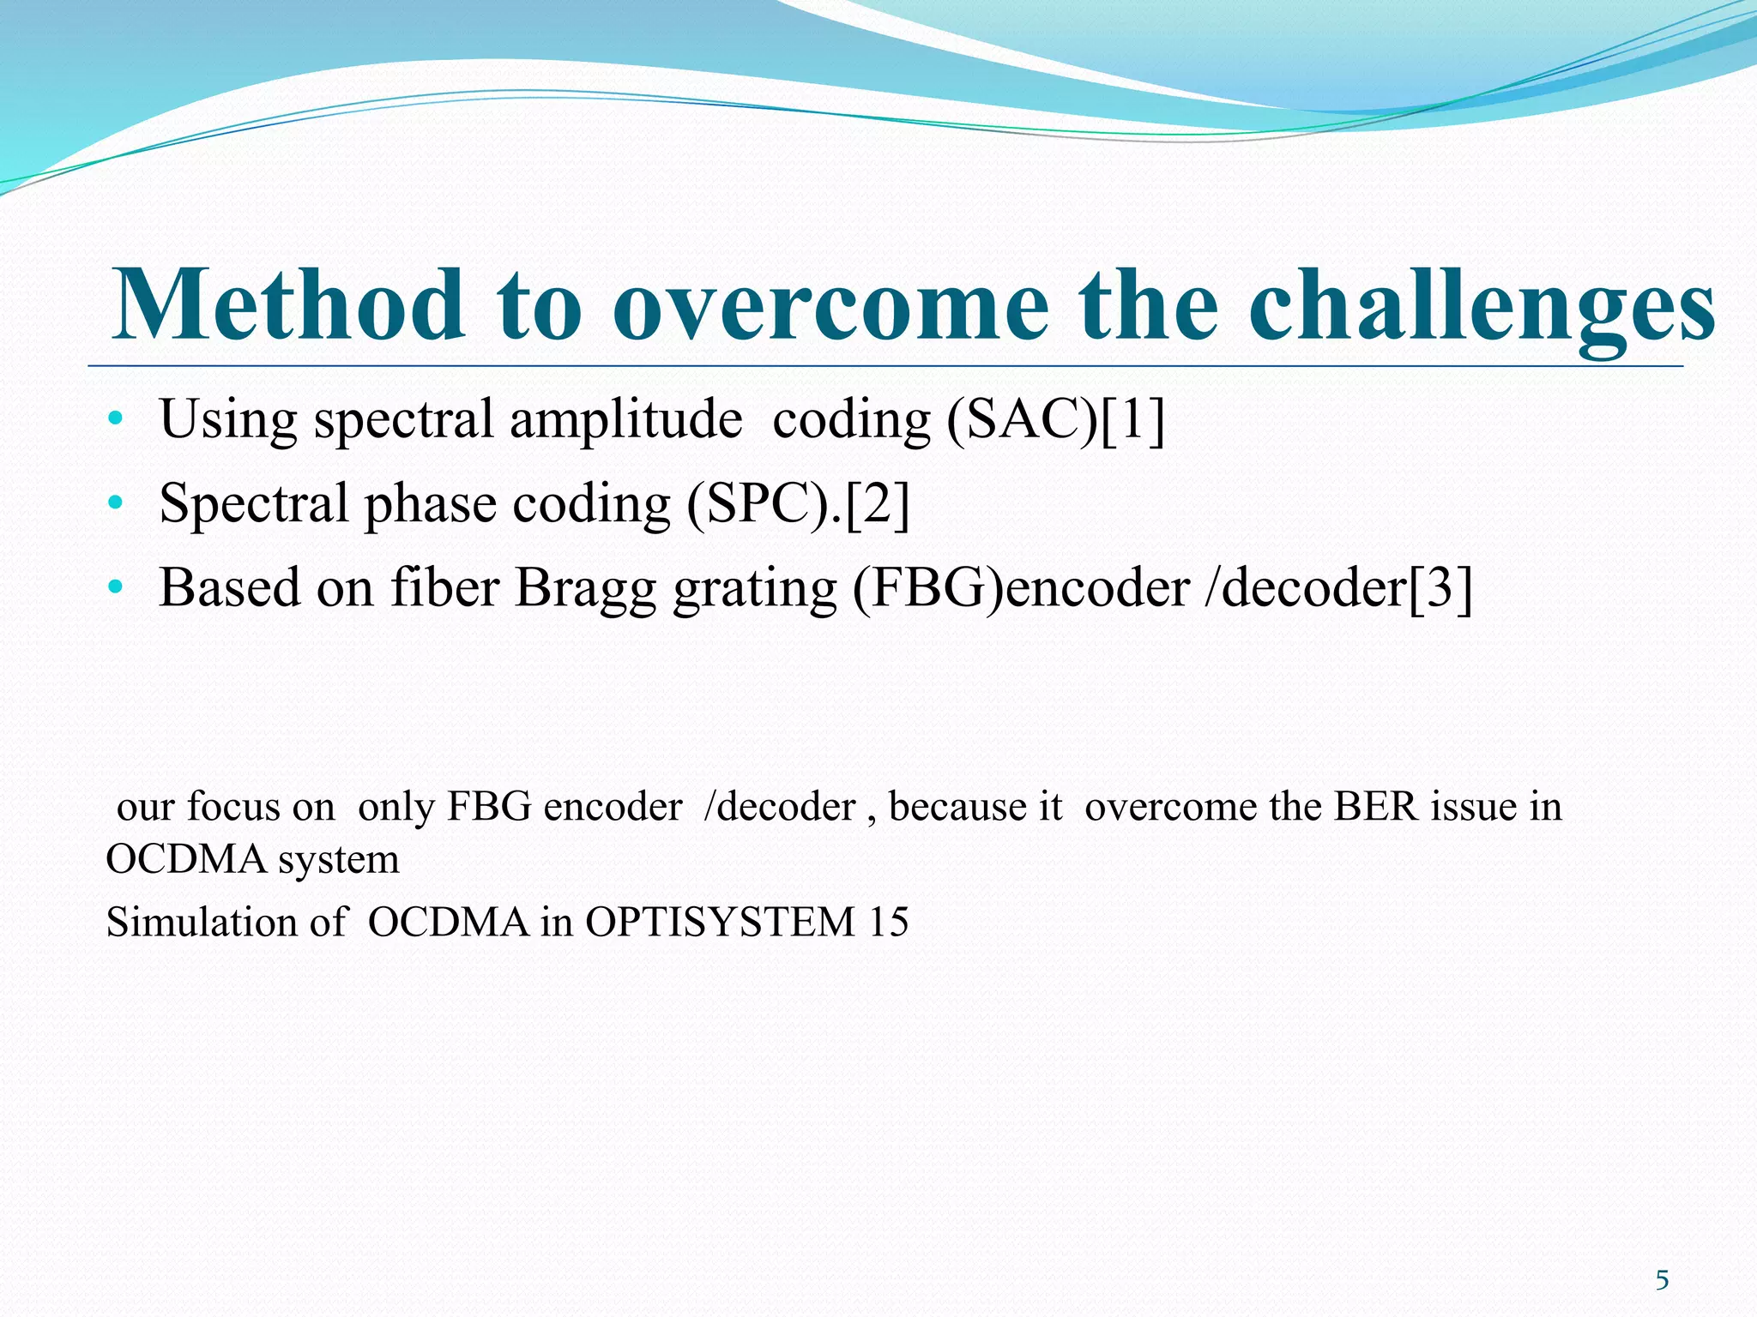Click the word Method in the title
point(289,304)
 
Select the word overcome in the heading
point(830,307)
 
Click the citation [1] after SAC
point(1132,420)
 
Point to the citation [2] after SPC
point(878,503)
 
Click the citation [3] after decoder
point(1440,588)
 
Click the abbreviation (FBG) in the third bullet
point(928,588)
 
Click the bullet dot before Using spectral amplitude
point(116,420)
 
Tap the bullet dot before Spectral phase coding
point(116,503)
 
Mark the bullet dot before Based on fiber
point(116,588)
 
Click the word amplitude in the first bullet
point(625,420)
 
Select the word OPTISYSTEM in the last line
point(720,923)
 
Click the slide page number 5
point(1662,1281)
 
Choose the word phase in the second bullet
point(430,505)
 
